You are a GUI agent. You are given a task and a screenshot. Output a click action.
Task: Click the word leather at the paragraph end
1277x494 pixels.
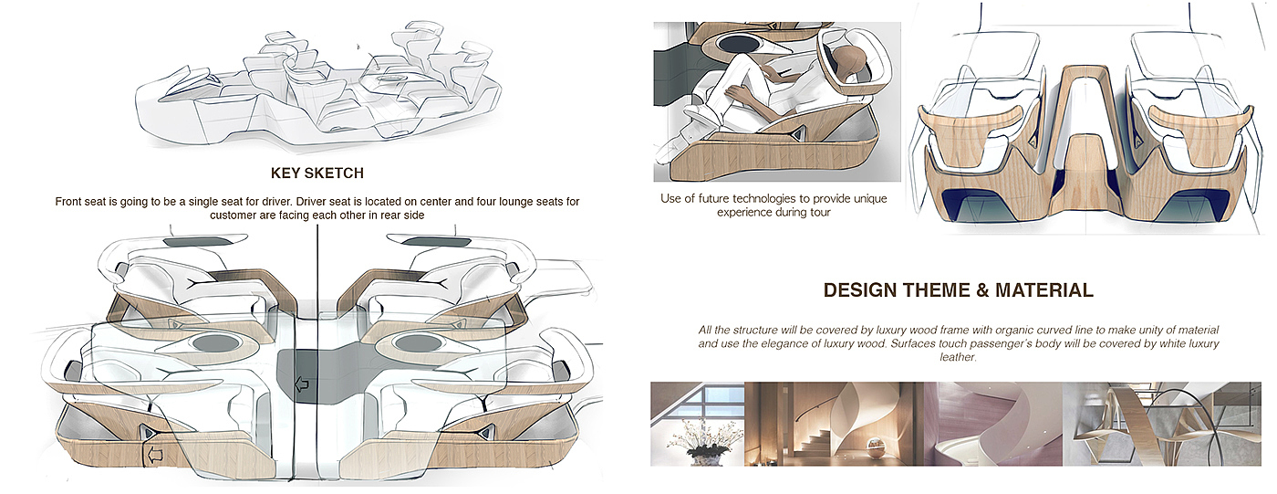(x=959, y=358)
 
